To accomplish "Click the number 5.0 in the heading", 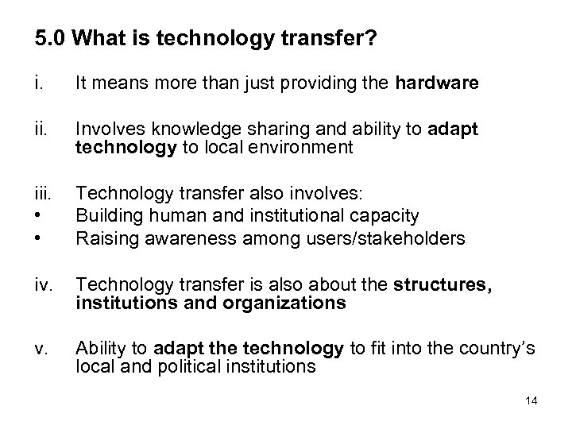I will coord(49,37).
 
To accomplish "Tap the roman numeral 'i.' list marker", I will coord(39,83).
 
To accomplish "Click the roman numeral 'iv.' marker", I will coord(43,286).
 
